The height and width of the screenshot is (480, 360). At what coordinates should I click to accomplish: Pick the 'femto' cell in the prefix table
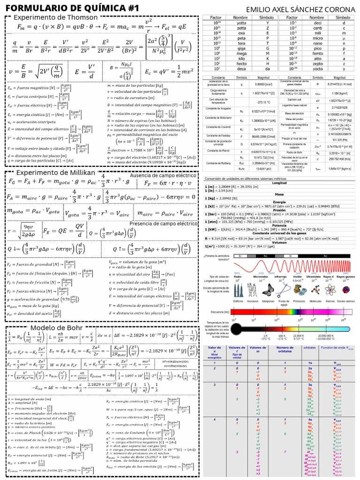[x=317, y=53]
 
